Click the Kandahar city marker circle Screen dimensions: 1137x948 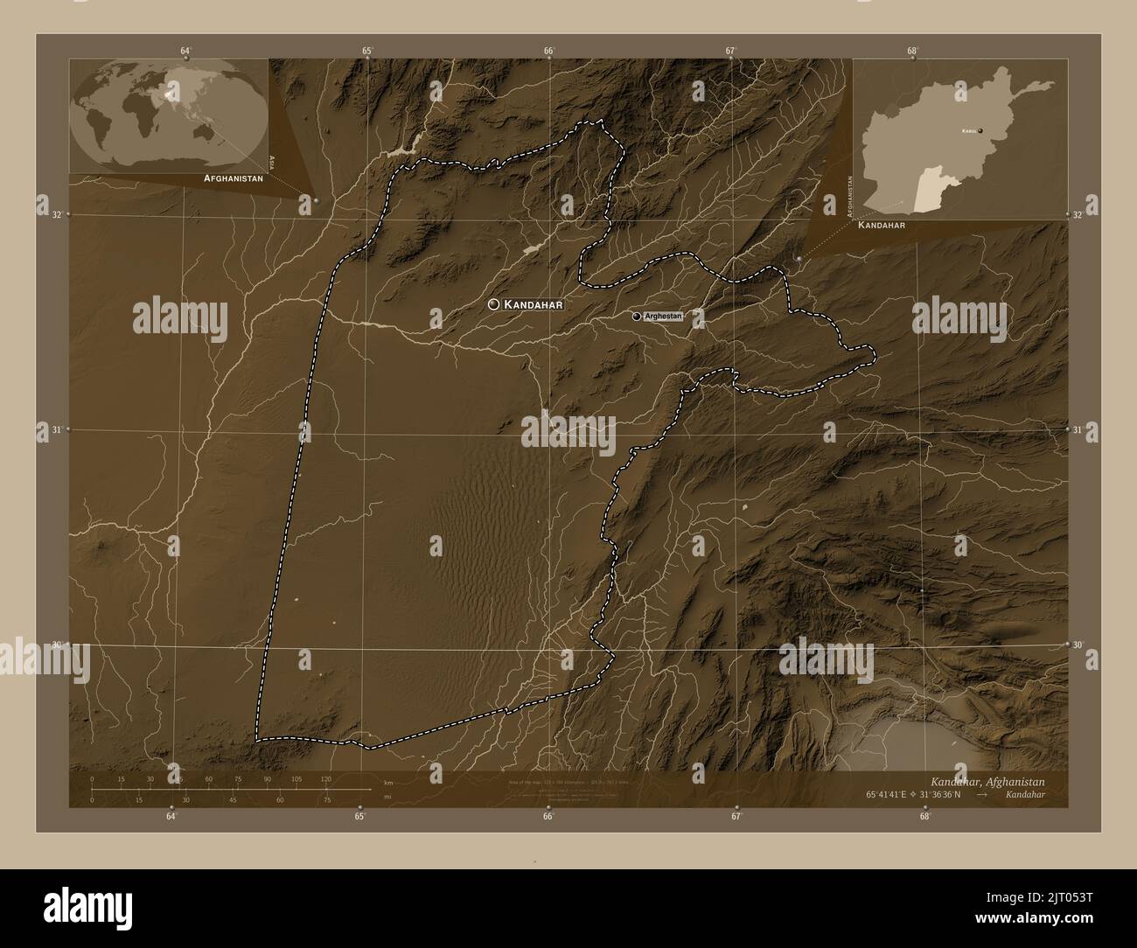click(494, 304)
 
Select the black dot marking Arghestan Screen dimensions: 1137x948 click(637, 316)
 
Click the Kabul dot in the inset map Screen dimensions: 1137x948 click(980, 130)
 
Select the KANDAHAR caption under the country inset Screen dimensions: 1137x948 click(881, 225)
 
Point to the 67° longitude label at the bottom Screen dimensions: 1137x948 click(736, 817)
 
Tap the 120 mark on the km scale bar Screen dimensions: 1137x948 click(325, 779)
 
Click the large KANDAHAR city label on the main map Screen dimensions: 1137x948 click(532, 304)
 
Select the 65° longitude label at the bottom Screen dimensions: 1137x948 click(359, 817)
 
